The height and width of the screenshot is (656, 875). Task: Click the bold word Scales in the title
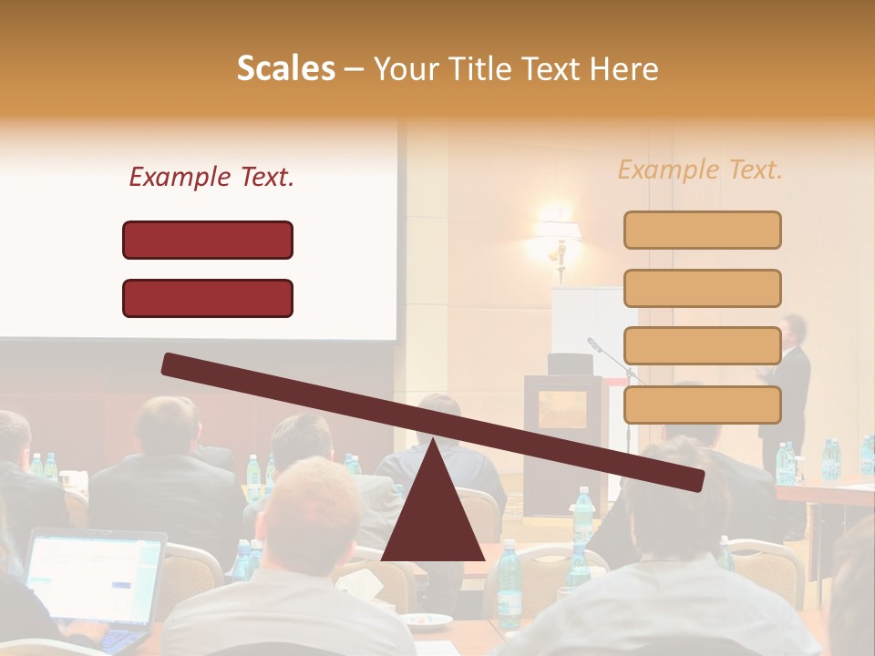pyautogui.click(x=285, y=69)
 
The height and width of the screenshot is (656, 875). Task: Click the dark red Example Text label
pyautogui.click(x=211, y=177)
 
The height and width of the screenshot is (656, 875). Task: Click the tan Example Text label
pyautogui.click(x=700, y=169)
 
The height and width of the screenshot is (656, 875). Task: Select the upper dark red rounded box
pyautogui.click(x=208, y=240)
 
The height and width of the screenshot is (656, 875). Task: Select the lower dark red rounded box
pyautogui.click(x=208, y=298)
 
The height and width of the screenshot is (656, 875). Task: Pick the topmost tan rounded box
pyautogui.click(x=702, y=230)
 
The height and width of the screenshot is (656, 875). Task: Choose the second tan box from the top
pyautogui.click(x=702, y=288)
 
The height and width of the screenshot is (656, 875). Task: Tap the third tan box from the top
pyautogui.click(x=702, y=346)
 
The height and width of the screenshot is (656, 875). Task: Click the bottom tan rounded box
pyautogui.click(x=702, y=405)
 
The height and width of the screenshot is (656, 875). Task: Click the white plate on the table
pyautogui.click(x=428, y=620)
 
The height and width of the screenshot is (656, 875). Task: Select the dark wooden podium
pyautogui.click(x=561, y=437)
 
